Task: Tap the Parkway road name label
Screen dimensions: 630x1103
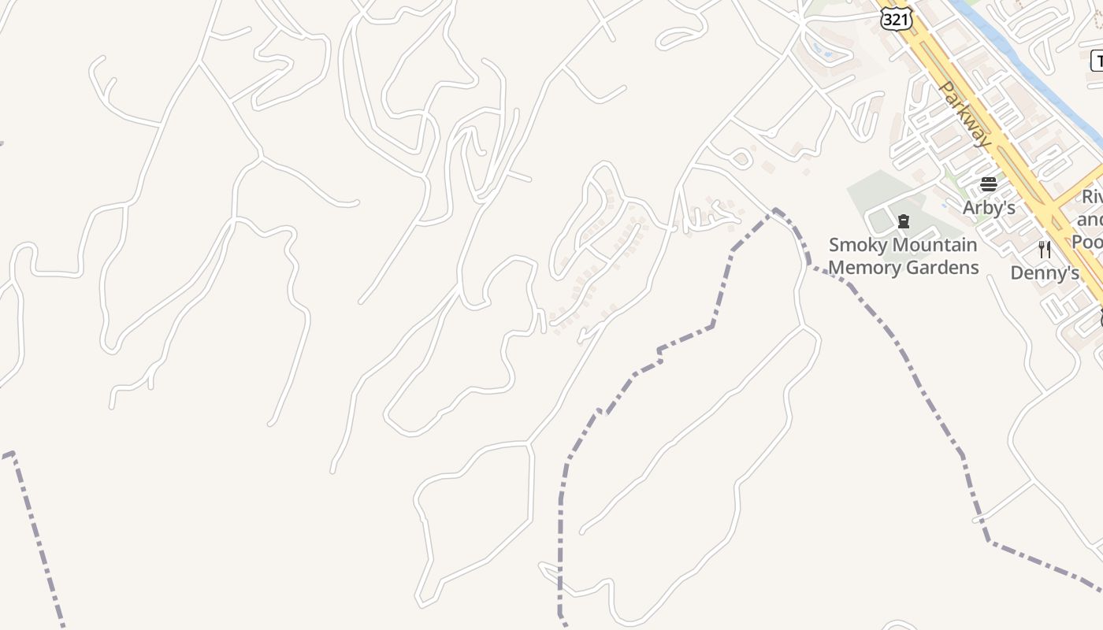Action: [x=966, y=114]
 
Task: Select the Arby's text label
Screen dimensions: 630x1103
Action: [x=988, y=207]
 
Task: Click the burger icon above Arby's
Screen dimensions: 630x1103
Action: [x=988, y=184]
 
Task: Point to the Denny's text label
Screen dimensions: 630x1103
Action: [x=1044, y=272]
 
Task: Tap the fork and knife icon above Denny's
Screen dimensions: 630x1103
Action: [x=1045, y=250]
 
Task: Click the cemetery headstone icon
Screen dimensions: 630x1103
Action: [x=904, y=222]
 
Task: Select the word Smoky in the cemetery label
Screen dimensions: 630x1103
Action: [x=856, y=245]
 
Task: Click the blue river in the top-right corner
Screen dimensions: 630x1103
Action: [x=1016, y=55]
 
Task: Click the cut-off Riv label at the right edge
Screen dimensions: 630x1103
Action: [x=1092, y=197]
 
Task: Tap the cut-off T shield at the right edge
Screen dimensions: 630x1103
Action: [x=1097, y=61]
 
